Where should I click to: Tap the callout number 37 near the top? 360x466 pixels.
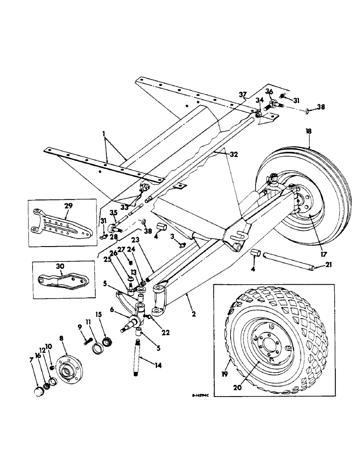coord(242,96)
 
